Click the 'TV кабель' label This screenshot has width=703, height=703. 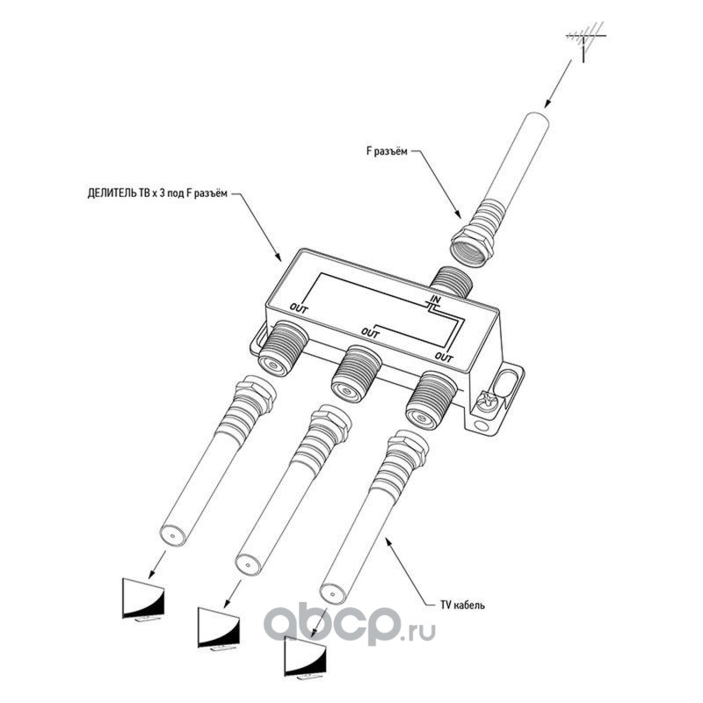coord(462,605)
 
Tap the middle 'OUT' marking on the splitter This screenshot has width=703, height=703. coord(370,332)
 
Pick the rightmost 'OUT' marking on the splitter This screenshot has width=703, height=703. coord(445,357)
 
